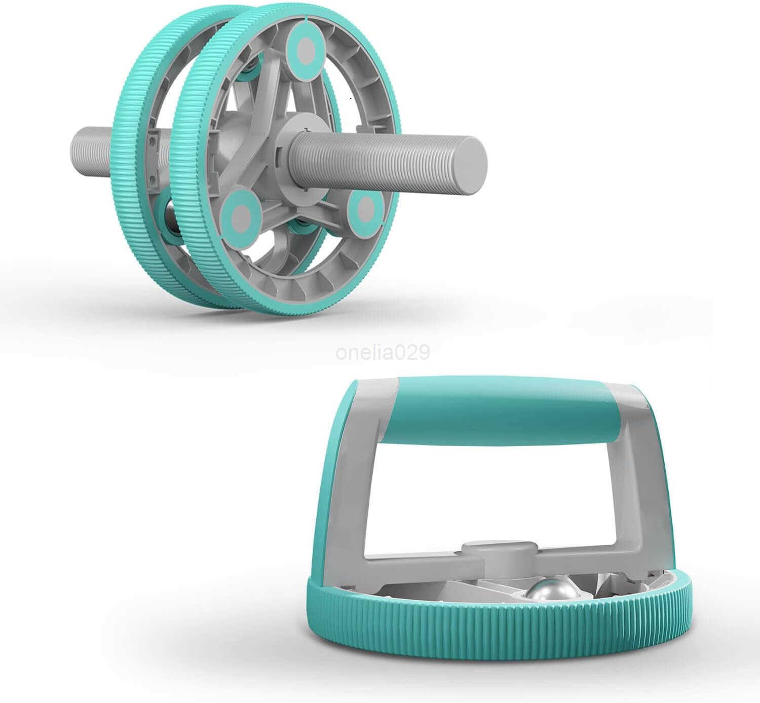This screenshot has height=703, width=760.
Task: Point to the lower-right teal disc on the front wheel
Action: coord(364,210)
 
